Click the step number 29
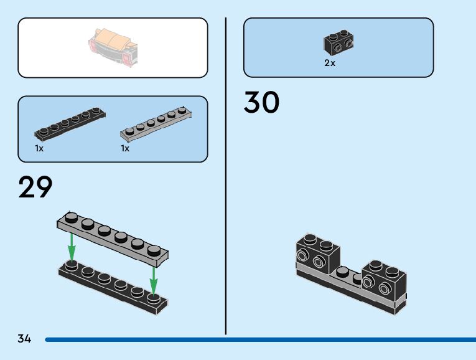(x=35, y=187)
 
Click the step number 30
(x=261, y=103)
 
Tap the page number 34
(x=24, y=339)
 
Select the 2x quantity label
(x=329, y=64)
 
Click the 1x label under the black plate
(x=39, y=149)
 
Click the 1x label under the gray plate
(x=125, y=149)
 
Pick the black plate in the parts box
(x=70, y=123)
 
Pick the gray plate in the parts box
(x=155, y=122)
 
